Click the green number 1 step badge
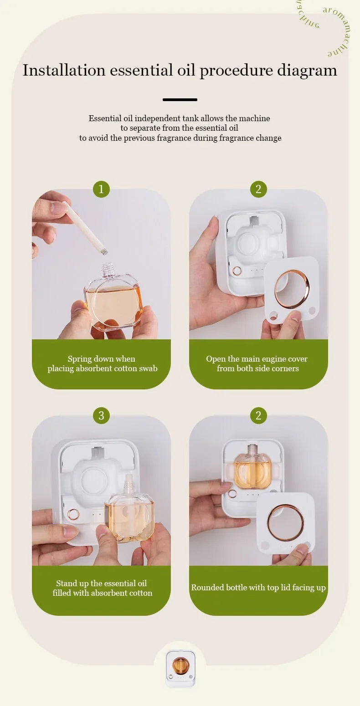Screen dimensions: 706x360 [x=101, y=189]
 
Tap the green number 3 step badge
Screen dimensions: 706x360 [x=101, y=415]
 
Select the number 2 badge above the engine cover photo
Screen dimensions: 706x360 [x=258, y=189]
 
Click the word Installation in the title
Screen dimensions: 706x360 [x=64, y=71]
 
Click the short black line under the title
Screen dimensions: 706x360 [x=180, y=100]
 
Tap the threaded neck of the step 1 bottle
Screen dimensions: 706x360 [x=107, y=270]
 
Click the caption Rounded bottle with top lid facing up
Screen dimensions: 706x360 [x=258, y=588]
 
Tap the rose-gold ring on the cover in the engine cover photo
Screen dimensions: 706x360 [x=292, y=288]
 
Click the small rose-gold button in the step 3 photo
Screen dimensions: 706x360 [x=73, y=515]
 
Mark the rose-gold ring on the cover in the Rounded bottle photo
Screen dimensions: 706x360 [x=285, y=522]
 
